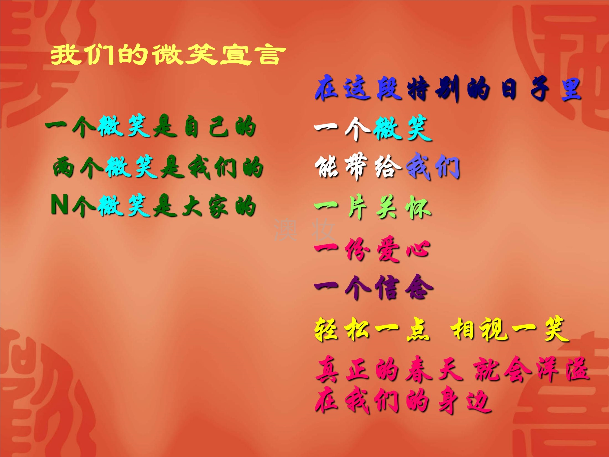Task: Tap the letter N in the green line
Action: (x=59, y=204)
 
